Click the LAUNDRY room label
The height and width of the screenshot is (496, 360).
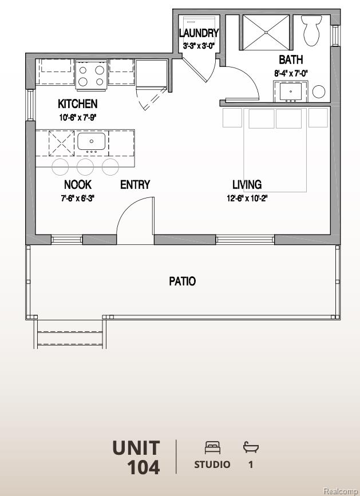199,33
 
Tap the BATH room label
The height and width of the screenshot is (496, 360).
291,59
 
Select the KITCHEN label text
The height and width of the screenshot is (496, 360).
77,104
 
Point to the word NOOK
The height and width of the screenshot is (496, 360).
77,185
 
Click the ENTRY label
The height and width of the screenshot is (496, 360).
135,185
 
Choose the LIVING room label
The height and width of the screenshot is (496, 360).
247,185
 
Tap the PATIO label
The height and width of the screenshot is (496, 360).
182,281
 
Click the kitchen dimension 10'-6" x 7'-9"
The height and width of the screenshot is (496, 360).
77,118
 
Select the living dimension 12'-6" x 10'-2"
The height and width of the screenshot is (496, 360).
247,199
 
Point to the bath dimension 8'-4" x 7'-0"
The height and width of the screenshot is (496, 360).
291,73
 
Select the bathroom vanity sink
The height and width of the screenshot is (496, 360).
291,92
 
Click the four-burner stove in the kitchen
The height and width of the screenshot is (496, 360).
91,76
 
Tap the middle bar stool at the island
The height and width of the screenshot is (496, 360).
85,166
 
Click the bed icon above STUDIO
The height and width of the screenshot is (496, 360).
212,447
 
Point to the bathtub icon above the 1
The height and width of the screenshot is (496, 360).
251,447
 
